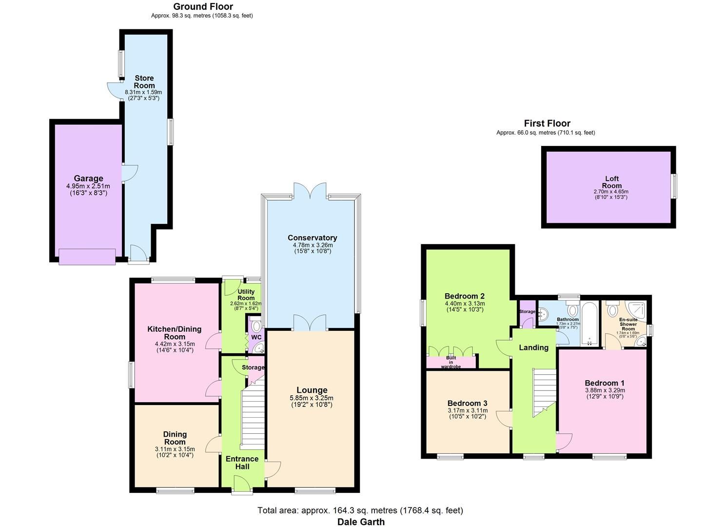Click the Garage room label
(88, 179)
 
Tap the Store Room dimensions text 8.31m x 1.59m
(143, 92)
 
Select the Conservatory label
(312, 238)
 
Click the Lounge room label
(312, 390)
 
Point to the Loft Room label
(611, 182)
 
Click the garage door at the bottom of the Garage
(87, 257)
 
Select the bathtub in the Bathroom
(589, 324)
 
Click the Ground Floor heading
(203, 7)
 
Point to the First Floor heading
(547, 123)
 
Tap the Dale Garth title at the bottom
(361, 522)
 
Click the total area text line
(360, 510)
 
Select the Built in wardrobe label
(451, 362)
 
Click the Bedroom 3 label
(467, 404)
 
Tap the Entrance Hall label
(242, 463)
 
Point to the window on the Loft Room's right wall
(674, 186)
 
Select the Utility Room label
(246, 295)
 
